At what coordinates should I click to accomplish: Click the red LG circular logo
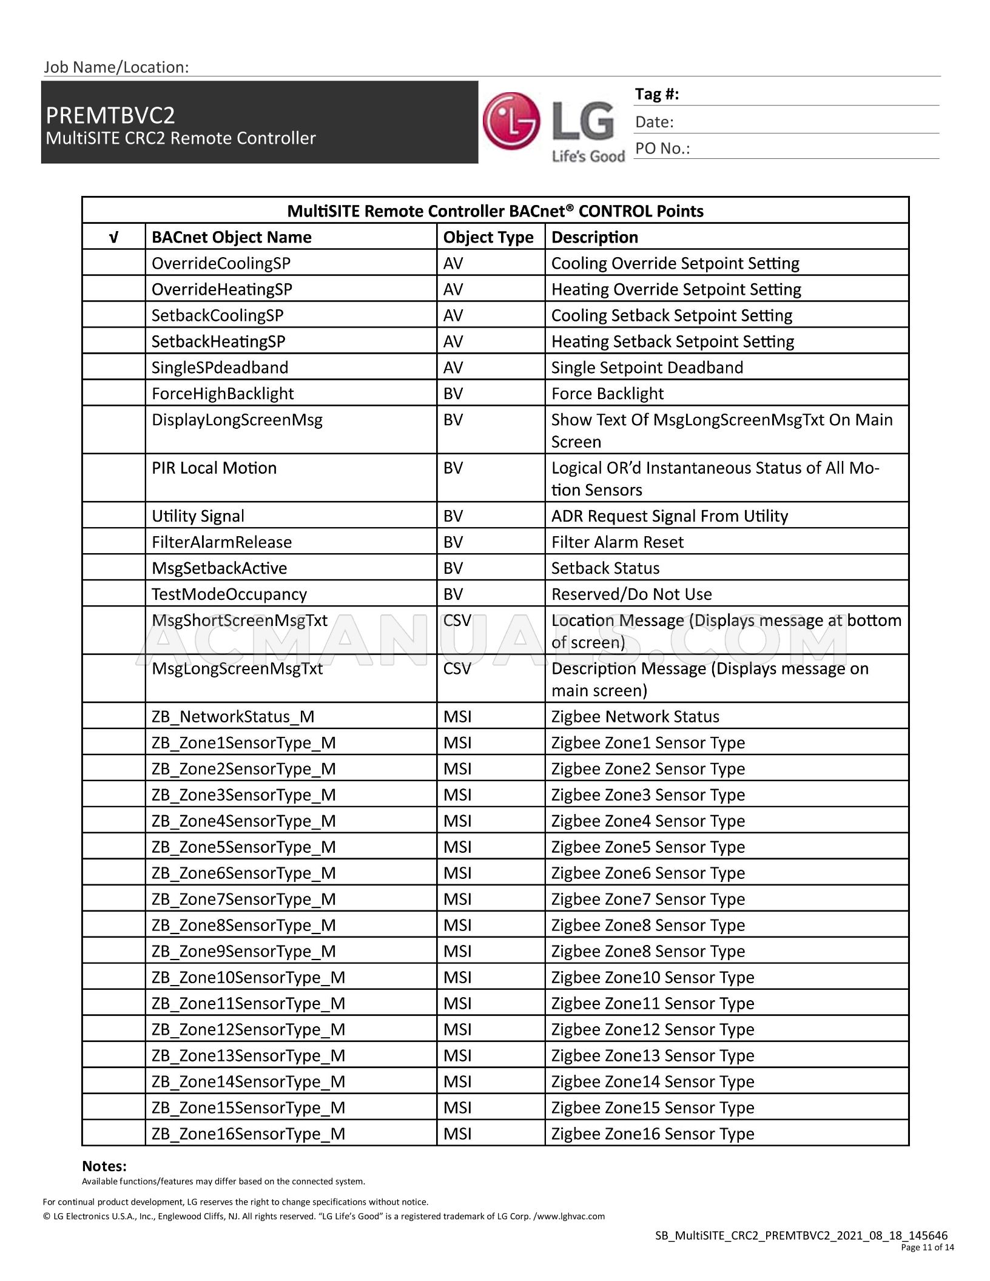click(x=511, y=121)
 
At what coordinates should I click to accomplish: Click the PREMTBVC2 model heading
click(x=110, y=115)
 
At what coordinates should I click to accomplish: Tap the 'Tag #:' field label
click(x=657, y=94)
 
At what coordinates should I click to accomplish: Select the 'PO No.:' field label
click(x=662, y=149)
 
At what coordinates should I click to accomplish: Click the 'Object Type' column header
click(x=488, y=237)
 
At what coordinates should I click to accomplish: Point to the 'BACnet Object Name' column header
click(x=231, y=237)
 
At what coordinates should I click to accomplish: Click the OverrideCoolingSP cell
click(x=221, y=263)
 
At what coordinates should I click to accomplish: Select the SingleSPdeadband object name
click(x=220, y=368)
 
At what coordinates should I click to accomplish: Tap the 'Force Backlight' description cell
click(x=607, y=394)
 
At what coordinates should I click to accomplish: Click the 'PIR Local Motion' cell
click(x=214, y=468)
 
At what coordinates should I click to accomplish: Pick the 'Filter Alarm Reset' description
click(x=617, y=542)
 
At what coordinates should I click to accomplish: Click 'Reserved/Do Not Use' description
click(x=631, y=594)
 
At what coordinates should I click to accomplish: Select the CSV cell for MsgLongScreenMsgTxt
click(x=457, y=668)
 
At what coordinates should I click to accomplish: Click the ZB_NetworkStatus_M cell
click(x=233, y=716)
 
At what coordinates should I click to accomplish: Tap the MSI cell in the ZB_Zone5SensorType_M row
click(x=457, y=847)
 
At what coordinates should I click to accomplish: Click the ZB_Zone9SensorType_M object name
click(x=243, y=951)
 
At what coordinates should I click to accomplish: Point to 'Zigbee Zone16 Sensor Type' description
click(x=652, y=1134)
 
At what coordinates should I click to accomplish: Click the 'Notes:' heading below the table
click(x=104, y=1166)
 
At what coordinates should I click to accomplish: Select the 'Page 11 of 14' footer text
click(x=927, y=1247)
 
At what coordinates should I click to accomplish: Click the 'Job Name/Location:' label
click(x=116, y=67)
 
